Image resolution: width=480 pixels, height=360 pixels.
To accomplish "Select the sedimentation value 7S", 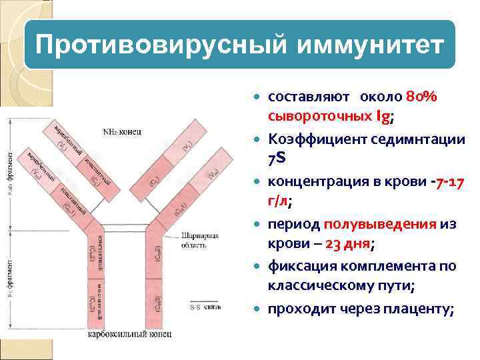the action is point(277,159).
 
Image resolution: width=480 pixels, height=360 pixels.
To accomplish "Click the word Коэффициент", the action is point(314,139).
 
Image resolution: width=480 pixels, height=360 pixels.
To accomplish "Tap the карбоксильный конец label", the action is point(131,333).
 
